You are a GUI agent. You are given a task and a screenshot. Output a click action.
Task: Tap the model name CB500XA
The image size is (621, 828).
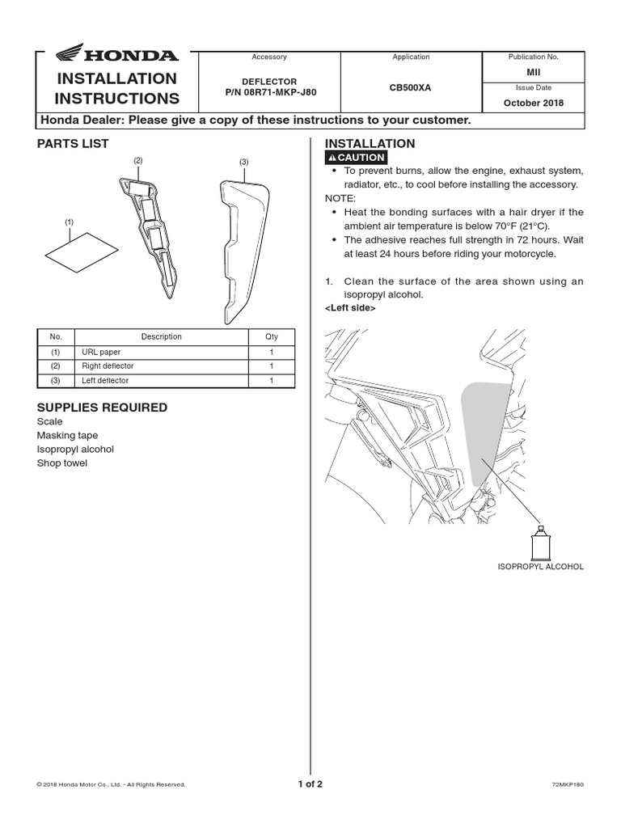click(411, 87)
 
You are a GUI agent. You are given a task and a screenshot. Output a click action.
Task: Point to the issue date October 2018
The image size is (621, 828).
click(533, 103)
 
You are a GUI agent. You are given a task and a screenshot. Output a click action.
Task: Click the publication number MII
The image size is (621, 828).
click(533, 72)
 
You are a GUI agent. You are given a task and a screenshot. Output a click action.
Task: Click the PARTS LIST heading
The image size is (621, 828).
click(73, 144)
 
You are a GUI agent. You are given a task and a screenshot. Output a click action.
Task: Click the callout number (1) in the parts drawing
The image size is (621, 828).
click(69, 221)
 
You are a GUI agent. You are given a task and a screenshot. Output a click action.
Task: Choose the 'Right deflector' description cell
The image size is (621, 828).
click(108, 366)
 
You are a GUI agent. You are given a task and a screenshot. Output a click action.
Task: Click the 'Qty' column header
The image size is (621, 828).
click(271, 337)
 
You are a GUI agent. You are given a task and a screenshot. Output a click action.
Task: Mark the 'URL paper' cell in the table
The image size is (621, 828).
click(99, 353)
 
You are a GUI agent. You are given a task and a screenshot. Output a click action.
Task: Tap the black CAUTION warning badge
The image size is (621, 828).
click(356, 158)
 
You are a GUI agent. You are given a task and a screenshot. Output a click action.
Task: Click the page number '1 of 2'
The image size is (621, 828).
click(310, 784)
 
